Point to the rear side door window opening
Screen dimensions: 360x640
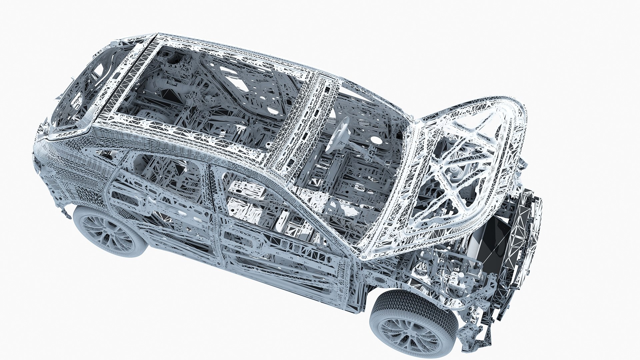pos(160,177)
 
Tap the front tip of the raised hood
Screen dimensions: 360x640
pos(520,110)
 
